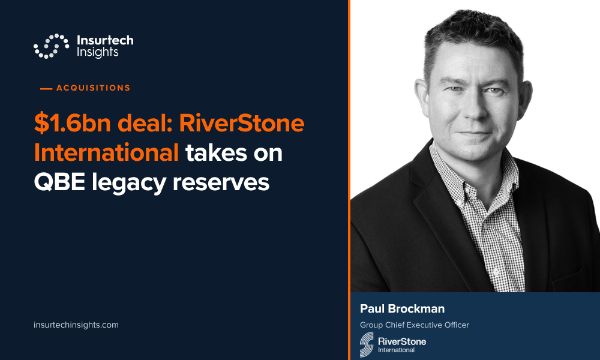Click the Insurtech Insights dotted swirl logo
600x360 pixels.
(x=51, y=46)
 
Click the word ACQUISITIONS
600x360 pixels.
(x=94, y=88)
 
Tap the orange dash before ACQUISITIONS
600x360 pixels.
(x=46, y=89)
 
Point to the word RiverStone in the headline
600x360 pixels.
(x=242, y=123)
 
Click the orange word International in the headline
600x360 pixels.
(x=106, y=152)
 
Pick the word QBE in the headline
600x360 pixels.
(x=59, y=182)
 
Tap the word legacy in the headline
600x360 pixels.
(x=129, y=183)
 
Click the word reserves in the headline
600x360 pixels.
(x=221, y=183)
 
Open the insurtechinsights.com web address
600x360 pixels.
(x=76, y=325)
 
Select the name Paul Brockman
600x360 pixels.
(x=402, y=309)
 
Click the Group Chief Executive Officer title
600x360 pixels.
(x=415, y=325)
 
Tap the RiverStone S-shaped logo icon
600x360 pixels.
(x=367, y=344)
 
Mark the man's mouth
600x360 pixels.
(x=474, y=134)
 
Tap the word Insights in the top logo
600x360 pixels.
(x=98, y=52)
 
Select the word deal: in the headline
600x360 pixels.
(x=145, y=123)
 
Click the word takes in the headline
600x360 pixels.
(x=216, y=153)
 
